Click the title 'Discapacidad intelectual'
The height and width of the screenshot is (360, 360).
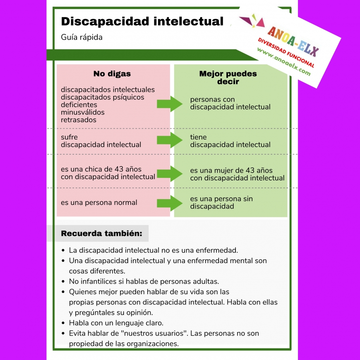point(142,22)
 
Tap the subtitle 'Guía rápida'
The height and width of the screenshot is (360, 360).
point(82,37)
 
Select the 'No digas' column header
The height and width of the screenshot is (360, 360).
point(112,74)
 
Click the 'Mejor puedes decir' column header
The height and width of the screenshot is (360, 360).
point(228,77)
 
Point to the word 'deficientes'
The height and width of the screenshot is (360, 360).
point(79,105)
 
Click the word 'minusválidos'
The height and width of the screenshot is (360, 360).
point(83,112)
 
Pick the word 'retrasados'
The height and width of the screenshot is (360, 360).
point(79,120)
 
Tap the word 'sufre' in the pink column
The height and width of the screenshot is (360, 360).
point(70,137)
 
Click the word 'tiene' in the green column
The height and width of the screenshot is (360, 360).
point(198,137)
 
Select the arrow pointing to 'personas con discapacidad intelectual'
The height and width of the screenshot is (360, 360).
point(170,104)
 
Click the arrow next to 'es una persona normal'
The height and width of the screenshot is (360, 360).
point(170,203)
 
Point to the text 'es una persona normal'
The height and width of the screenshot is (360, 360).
point(99,202)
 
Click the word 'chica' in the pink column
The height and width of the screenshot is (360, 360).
point(93,169)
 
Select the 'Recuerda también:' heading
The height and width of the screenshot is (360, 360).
point(101,233)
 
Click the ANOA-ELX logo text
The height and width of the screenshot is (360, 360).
point(293,42)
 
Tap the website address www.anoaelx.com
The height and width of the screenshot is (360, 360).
point(284,62)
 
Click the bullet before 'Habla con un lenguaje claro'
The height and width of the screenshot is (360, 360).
point(63,323)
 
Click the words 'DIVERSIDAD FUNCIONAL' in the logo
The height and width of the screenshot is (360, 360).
point(286,53)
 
